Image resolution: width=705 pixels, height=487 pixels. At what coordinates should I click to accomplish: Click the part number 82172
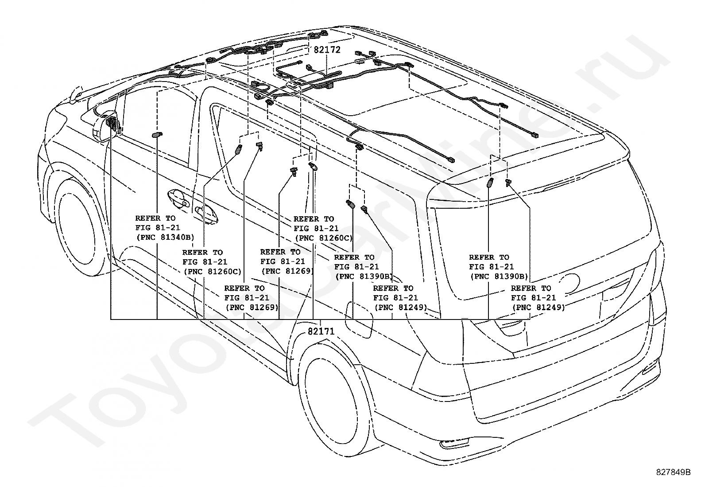(327, 50)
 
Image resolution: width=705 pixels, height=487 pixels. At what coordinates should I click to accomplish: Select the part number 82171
(321, 331)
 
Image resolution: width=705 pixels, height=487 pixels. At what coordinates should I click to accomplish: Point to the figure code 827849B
(673, 472)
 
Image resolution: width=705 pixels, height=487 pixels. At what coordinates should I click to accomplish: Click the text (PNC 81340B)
(165, 237)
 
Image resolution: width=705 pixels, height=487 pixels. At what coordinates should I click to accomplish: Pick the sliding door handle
(206, 214)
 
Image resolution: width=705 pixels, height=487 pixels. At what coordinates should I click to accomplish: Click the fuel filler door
(359, 320)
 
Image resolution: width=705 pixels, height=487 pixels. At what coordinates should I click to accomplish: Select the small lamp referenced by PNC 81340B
(157, 135)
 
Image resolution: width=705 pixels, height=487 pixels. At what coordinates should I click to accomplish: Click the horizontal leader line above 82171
(320, 319)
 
